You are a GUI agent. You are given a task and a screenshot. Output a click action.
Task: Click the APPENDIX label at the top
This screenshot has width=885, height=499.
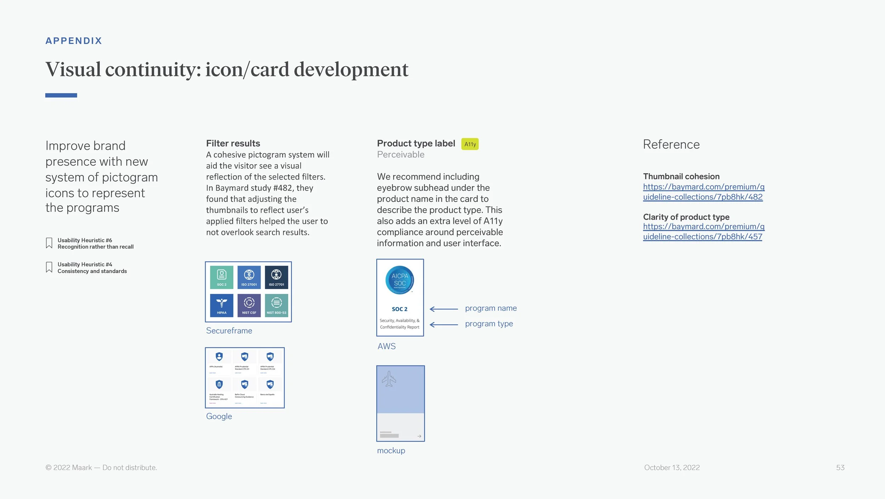pos(74,41)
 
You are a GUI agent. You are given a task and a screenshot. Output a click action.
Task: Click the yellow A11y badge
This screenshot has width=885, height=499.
pos(470,144)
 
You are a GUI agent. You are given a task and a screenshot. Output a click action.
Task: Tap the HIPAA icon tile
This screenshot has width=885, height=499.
pos(222,305)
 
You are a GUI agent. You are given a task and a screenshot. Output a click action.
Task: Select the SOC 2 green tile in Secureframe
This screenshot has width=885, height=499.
pos(222,277)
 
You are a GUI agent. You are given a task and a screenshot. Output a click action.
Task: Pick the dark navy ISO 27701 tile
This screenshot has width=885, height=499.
pos(276,277)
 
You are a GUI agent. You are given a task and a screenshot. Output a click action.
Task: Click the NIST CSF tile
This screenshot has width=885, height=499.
pos(249,305)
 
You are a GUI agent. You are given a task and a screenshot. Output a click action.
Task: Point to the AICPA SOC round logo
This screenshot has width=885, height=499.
pos(400,280)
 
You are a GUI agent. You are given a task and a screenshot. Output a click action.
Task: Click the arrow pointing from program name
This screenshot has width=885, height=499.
pos(444,309)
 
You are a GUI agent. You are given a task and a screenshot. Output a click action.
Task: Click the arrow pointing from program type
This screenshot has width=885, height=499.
pos(444,324)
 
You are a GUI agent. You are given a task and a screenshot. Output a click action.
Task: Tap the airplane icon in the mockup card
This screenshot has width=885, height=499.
pos(389,379)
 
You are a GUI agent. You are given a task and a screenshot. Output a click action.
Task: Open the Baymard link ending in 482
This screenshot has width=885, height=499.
pos(703,192)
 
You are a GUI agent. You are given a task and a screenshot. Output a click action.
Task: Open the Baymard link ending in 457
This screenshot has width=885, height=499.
pos(703,231)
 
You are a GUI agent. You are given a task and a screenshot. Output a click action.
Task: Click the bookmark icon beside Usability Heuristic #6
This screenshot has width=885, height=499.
pos(49,243)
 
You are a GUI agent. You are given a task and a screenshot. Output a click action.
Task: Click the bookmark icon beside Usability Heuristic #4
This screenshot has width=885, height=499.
pos(49,267)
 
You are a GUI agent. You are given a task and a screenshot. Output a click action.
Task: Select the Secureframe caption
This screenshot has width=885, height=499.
pos(229,330)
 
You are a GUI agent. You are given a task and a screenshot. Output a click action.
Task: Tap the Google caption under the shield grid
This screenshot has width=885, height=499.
pos(219,416)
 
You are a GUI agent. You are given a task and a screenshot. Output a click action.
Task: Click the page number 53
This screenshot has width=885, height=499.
pos(840,467)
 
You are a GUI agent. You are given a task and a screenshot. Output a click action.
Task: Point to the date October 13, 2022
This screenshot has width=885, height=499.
pos(672,467)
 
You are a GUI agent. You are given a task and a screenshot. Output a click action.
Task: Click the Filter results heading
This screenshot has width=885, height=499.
pos(233,143)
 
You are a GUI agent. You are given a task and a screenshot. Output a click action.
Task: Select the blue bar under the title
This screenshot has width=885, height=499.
pos(61,95)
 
